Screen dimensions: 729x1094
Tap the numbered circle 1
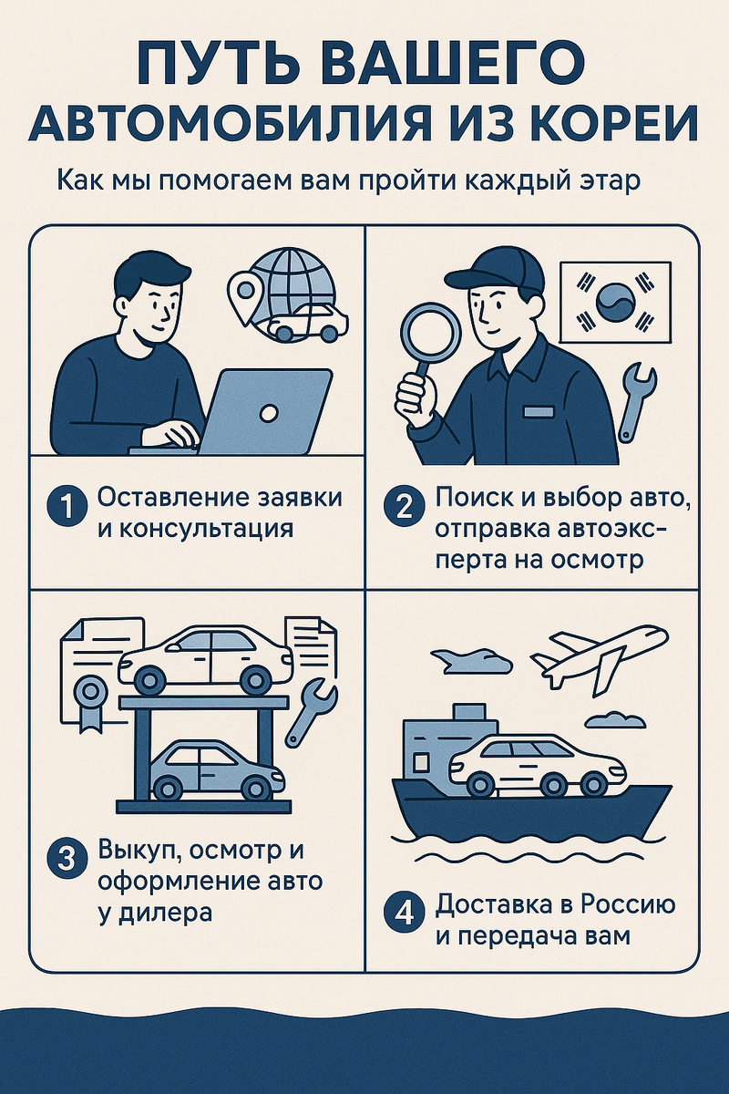67,508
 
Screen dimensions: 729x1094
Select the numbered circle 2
404,508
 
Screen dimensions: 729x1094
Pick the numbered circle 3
67,872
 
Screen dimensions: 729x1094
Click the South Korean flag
615,303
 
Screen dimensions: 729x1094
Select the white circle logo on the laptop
268,413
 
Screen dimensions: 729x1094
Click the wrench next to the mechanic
637,402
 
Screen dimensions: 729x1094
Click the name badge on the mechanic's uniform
539,412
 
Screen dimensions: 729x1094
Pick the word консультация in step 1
195,530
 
